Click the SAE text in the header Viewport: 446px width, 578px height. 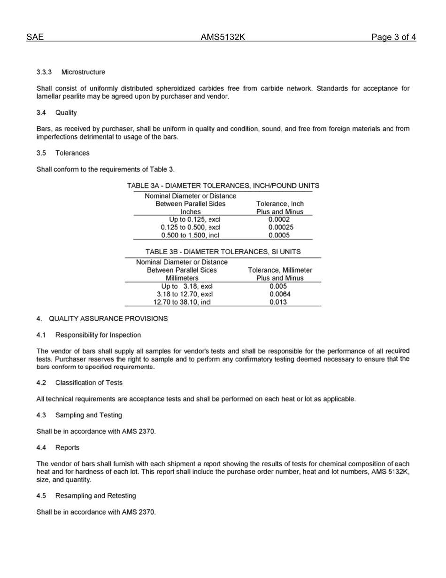pyautogui.click(x=35, y=37)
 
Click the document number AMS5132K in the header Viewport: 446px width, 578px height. pyautogui.click(x=223, y=37)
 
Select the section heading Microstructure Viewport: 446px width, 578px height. pyautogui.click(x=83, y=72)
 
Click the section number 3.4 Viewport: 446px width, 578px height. pyautogui.click(x=41, y=113)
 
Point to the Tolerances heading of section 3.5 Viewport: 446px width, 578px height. pyautogui.click(x=72, y=153)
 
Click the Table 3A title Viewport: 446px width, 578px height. pyautogui.click(x=223, y=186)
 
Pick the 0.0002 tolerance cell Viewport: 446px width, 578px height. pyautogui.click(x=279, y=219)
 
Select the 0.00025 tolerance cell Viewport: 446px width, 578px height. pyautogui.click(x=279, y=227)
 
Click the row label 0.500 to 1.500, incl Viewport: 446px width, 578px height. pyautogui.click(x=190, y=235)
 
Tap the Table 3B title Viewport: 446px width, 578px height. pyautogui.click(x=223, y=251)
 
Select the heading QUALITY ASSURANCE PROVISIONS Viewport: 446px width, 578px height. pyautogui.click(x=108, y=319)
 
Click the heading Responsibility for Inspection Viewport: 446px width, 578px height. pyautogui.click(x=98, y=335)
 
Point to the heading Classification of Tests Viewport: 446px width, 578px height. pyautogui.click(x=89, y=383)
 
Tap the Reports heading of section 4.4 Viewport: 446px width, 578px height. pyautogui.click(x=67, y=447)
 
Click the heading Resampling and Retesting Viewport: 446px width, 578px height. pyautogui.click(x=96, y=496)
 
